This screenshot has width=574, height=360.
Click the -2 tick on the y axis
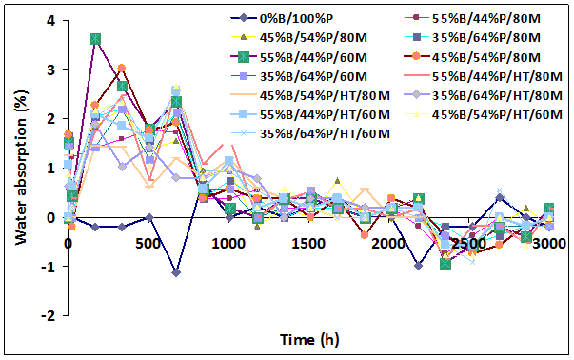pos(47,316)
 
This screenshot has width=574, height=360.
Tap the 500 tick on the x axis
pos(148,244)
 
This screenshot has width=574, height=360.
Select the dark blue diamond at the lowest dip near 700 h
pos(177,272)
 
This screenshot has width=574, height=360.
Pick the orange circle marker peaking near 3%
pos(121,69)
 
